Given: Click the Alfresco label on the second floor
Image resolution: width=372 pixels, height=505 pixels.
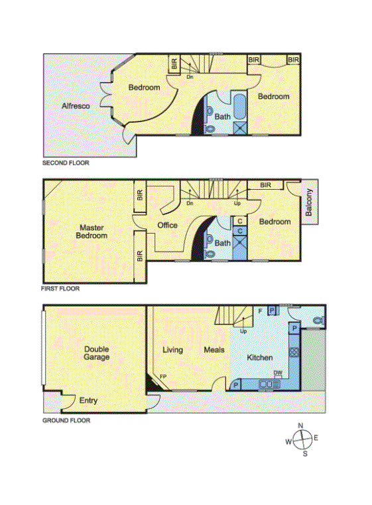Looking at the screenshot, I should tap(76, 106).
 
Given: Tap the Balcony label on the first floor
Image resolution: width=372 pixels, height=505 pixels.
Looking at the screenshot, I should tap(309, 204).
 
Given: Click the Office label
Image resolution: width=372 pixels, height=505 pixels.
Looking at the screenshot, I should tap(167, 226).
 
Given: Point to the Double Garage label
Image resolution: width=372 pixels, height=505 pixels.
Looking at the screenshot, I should tap(96, 353).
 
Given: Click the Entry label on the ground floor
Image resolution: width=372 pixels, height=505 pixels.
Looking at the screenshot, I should tap(88, 401).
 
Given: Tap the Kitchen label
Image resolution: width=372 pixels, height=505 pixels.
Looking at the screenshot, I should tap(260, 358).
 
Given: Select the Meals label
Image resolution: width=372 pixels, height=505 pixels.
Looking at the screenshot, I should tap(214, 350).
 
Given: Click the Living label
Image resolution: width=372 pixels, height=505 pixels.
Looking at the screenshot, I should tap(172, 350).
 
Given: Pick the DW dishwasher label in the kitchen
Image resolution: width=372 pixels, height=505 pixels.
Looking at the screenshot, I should tap(277, 374).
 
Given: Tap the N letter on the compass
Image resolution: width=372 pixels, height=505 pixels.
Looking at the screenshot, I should tap(301, 426).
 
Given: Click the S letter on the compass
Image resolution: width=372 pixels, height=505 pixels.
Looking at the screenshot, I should tap(305, 454).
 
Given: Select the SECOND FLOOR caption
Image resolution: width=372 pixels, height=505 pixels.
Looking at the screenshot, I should tap(66, 163).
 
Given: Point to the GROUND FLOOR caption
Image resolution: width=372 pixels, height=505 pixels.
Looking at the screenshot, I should tap(66, 420).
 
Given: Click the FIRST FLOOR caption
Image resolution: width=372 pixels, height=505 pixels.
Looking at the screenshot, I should tap(61, 289).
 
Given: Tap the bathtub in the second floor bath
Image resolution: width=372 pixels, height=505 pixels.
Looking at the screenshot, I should tap(239, 107).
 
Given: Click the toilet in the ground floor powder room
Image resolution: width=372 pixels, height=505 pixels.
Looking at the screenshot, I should tap(318, 321).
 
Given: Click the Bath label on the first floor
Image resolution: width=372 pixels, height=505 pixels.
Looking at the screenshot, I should tap(222, 244).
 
